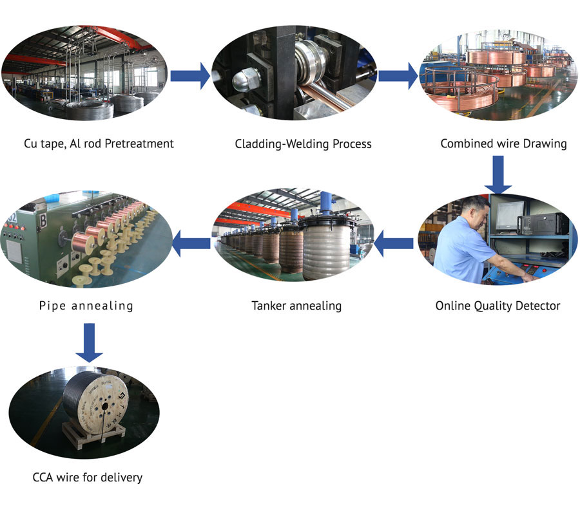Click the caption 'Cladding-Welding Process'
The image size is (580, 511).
[x=303, y=144]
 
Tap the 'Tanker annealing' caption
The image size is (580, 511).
[x=296, y=306]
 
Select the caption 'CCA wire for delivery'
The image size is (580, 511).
[x=87, y=477]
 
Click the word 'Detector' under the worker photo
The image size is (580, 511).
[x=538, y=306]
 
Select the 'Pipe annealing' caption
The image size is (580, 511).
[x=86, y=306]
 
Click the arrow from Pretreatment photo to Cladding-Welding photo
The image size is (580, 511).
[x=190, y=76]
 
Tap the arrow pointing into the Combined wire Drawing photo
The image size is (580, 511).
[x=398, y=76]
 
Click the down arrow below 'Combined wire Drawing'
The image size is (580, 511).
[x=498, y=174]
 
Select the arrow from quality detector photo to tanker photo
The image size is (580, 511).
[x=394, y=243]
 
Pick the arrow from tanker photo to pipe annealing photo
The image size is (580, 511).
[x=191, y=243]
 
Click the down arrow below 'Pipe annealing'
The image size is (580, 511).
[x=89, y=342]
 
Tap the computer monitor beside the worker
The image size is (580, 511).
[x=509, y=216]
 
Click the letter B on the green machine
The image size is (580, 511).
[x=43, y=221]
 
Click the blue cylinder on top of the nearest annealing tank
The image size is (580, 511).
[x=325, y=203]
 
